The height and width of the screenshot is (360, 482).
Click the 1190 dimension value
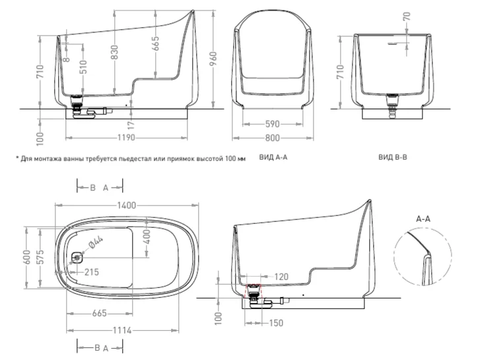pyautogui.click(x=126, y=137)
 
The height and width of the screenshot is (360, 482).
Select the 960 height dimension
pyautogui.click(x=213, y=59)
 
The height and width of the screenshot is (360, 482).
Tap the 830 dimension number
pyautogui.click(x=114, y=53)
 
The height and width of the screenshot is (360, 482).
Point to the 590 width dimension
pyautogui.click(x=272, y=124)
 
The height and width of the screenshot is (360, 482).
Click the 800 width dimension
pyautogui.click(x=272, y=138)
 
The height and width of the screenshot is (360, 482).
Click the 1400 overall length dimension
pyautogui.click(x=126, y=205)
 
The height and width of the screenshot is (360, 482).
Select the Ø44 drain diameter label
pyautogui.click(x=95, y=241)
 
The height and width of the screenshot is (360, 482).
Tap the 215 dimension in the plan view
pyautogui.click(x=92, y=272)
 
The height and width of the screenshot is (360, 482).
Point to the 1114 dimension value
pyautogui.click(x=122, y=330)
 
